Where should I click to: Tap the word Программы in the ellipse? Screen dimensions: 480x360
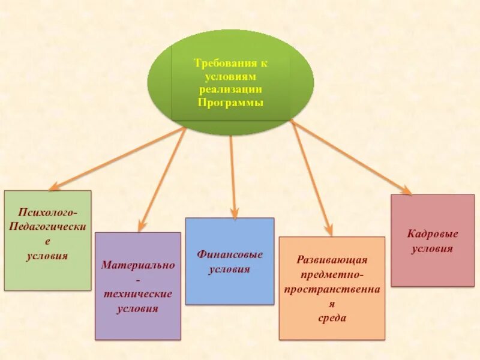point(230,103)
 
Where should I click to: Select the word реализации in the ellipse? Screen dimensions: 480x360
point(230,89)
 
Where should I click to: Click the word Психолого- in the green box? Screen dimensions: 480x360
point(48,212)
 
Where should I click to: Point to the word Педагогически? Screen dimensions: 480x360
point(48,227)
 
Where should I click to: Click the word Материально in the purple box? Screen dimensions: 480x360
point(138,265)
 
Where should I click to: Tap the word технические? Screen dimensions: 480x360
point(138,294)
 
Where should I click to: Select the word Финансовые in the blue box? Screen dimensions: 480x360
point(230,254)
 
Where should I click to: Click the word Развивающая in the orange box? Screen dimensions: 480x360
point(332,260)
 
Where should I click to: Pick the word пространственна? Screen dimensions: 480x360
point(332,289)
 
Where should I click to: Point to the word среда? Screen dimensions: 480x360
point(332,318)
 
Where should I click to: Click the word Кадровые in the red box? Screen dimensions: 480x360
point(433,234)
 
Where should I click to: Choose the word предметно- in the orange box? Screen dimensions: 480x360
point(332,274)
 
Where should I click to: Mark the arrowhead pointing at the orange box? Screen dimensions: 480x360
point(328,230)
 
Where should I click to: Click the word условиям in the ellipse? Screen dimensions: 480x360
point(230,76)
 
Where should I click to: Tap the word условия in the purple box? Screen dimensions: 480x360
point(138,309)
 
